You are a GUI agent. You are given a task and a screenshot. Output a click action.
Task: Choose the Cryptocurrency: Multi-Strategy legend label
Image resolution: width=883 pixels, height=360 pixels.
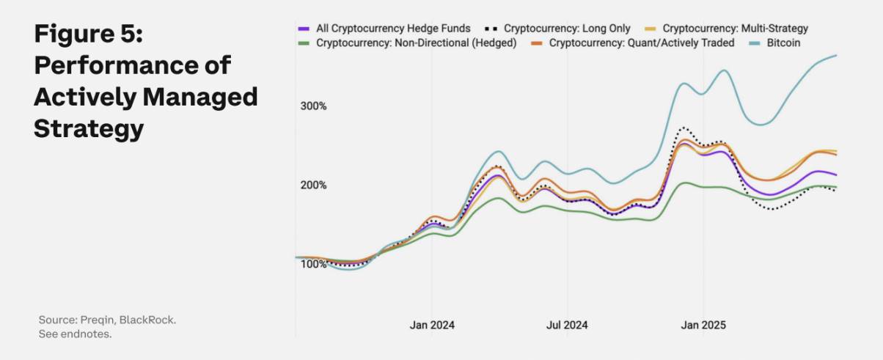(x=735, y=29)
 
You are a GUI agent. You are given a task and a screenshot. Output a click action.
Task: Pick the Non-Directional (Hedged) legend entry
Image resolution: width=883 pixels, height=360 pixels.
(x=416, y=43)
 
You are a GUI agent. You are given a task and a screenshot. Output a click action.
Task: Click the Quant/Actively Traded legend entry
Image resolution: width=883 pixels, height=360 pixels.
(x=641, y=43)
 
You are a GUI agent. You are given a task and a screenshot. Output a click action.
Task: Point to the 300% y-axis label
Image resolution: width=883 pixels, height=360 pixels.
(x=313, y=106)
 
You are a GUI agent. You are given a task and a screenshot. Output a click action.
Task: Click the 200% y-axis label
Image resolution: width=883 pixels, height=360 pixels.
(x=313, y=185)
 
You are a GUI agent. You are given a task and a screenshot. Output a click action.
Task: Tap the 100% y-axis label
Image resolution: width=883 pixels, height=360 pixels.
(x=313, y=264)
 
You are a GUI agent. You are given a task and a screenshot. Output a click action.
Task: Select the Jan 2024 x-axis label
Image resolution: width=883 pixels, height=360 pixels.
(x=431, y=325)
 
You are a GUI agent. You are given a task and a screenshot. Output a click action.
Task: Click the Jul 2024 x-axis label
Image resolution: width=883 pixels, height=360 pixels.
(x=567, y=325)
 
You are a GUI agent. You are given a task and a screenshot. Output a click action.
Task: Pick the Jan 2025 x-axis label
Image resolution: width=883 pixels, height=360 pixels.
(x=703, y=325)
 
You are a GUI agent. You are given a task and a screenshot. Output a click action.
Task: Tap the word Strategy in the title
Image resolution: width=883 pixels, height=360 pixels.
(x=88, y=129)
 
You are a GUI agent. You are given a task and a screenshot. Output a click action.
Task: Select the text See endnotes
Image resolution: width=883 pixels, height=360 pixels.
(x=75, y=334)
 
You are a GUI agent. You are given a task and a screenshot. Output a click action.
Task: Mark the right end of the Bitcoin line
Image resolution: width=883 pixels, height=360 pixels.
(x=837, y=56)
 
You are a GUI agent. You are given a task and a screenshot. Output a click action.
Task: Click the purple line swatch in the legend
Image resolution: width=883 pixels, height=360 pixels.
(x=304, y=29)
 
